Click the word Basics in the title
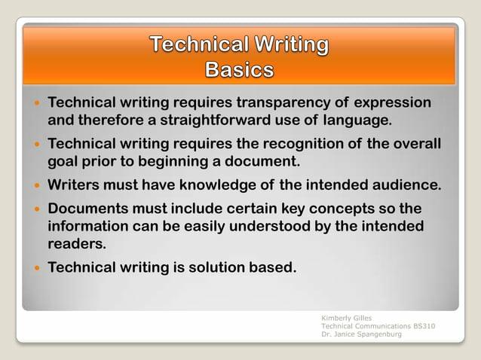240,69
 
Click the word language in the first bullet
357,120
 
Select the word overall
413,143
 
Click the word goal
64,160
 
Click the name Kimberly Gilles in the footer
345,318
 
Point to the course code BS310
424,325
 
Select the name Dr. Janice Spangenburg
361,334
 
